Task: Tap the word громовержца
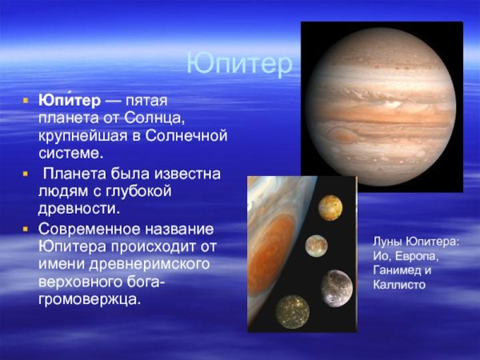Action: (x=90, y=299)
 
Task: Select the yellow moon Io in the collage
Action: (x=330, y=207)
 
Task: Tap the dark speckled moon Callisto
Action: (x=293, y=310)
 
